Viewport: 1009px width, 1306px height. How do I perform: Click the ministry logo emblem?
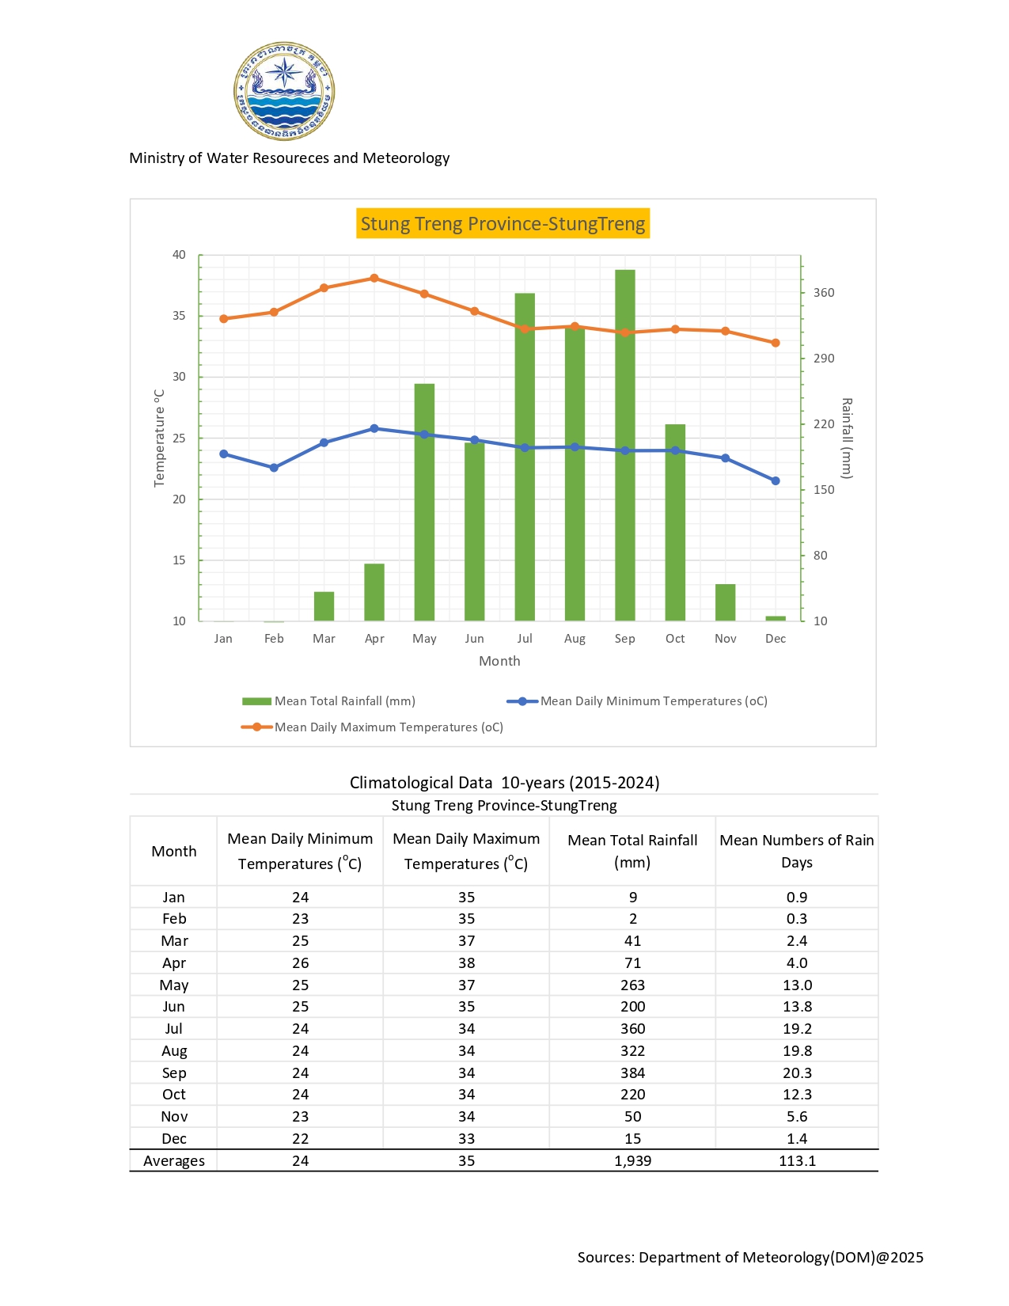coord(284,91)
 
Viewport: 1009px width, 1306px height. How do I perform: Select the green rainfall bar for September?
coord(625,445)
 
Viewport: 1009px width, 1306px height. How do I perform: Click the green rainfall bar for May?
coord(424,502)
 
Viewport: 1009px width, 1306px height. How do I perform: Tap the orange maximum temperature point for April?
coord(374,279)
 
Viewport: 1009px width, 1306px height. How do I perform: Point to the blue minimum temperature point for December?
coord(776,481)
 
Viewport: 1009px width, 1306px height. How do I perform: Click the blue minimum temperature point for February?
coord(274,468)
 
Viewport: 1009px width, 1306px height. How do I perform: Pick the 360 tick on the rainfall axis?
coord(824,293)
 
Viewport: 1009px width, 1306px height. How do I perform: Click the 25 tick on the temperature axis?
coord(180,438)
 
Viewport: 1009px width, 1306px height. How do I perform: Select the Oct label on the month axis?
coord(675,639)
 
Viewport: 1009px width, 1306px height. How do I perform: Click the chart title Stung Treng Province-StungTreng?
coord(503,224)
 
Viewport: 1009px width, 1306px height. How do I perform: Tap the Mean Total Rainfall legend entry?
coord(328,701)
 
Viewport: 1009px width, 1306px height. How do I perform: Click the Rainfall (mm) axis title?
coord(847,438)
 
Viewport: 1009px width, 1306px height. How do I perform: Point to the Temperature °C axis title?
coord(160,438)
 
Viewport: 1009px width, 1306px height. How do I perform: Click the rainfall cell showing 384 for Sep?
coord(632,1073)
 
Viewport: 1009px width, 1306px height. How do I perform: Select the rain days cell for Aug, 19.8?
coord(797,1051)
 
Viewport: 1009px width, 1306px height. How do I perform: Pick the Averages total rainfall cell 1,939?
coord(632,1161)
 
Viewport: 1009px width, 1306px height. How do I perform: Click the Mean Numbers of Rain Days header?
coord(797,852)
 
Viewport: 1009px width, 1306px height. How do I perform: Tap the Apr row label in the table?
coord(174,963)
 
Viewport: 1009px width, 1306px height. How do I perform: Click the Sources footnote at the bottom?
coord(750,1258)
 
